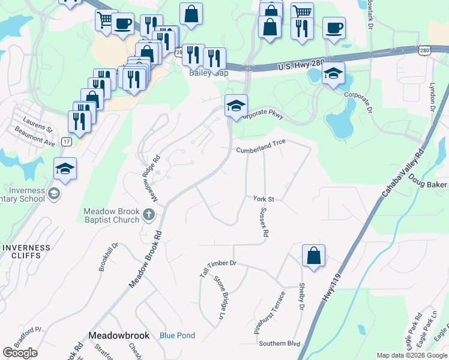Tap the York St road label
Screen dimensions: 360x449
(x=264, y=199)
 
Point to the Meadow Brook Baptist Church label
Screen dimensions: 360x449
(x=112, y=216)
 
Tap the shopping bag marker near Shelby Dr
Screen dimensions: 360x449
(x=313, y=256)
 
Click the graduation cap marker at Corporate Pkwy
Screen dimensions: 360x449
(x=236, y=106)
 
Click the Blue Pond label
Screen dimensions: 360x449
(x=177, y=335)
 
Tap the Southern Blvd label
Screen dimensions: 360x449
(x=279, y=344)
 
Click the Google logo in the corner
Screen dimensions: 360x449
(x=20, y=353)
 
